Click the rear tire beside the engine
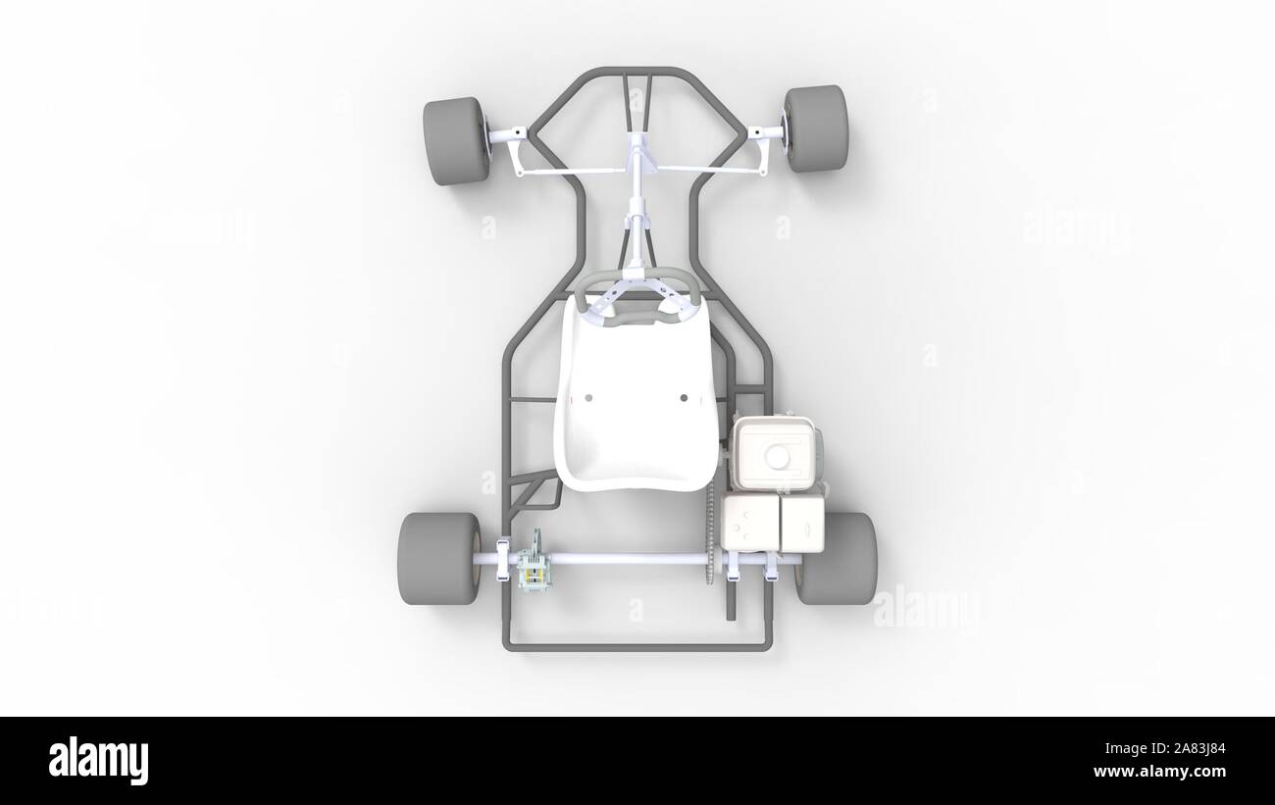tap(837, 558)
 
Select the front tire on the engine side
tap(815, 128)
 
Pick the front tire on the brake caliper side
tap(456, 141)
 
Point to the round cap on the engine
tap(779, 457)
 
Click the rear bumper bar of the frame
tap(637, 647)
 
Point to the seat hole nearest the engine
tap(684, 398)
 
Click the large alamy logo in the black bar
tap(98, 761)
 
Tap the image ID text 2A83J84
tap(1190, 748)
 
